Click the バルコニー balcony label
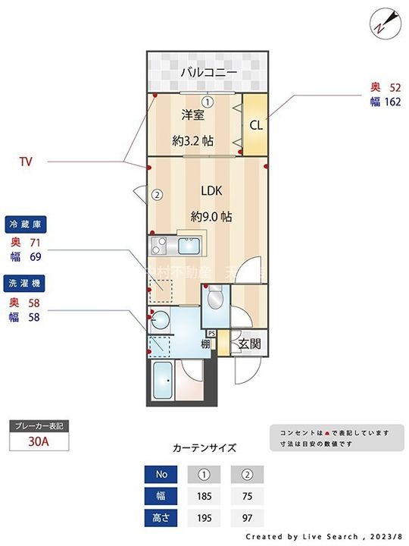(x=208, y=73)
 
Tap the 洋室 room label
(x=192, y=115)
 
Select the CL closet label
(x=256, y=125)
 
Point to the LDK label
(x=211, y=191)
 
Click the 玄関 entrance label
(x=249, y=344)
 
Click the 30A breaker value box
(x=39, y=442)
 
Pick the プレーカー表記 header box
(x=39, y=426)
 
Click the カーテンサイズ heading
(x=204, y=447)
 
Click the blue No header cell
(x=161, y=475)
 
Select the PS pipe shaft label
(x=211, y=333)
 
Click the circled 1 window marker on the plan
(x=207, y=101)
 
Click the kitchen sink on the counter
(x=187, y=246)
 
